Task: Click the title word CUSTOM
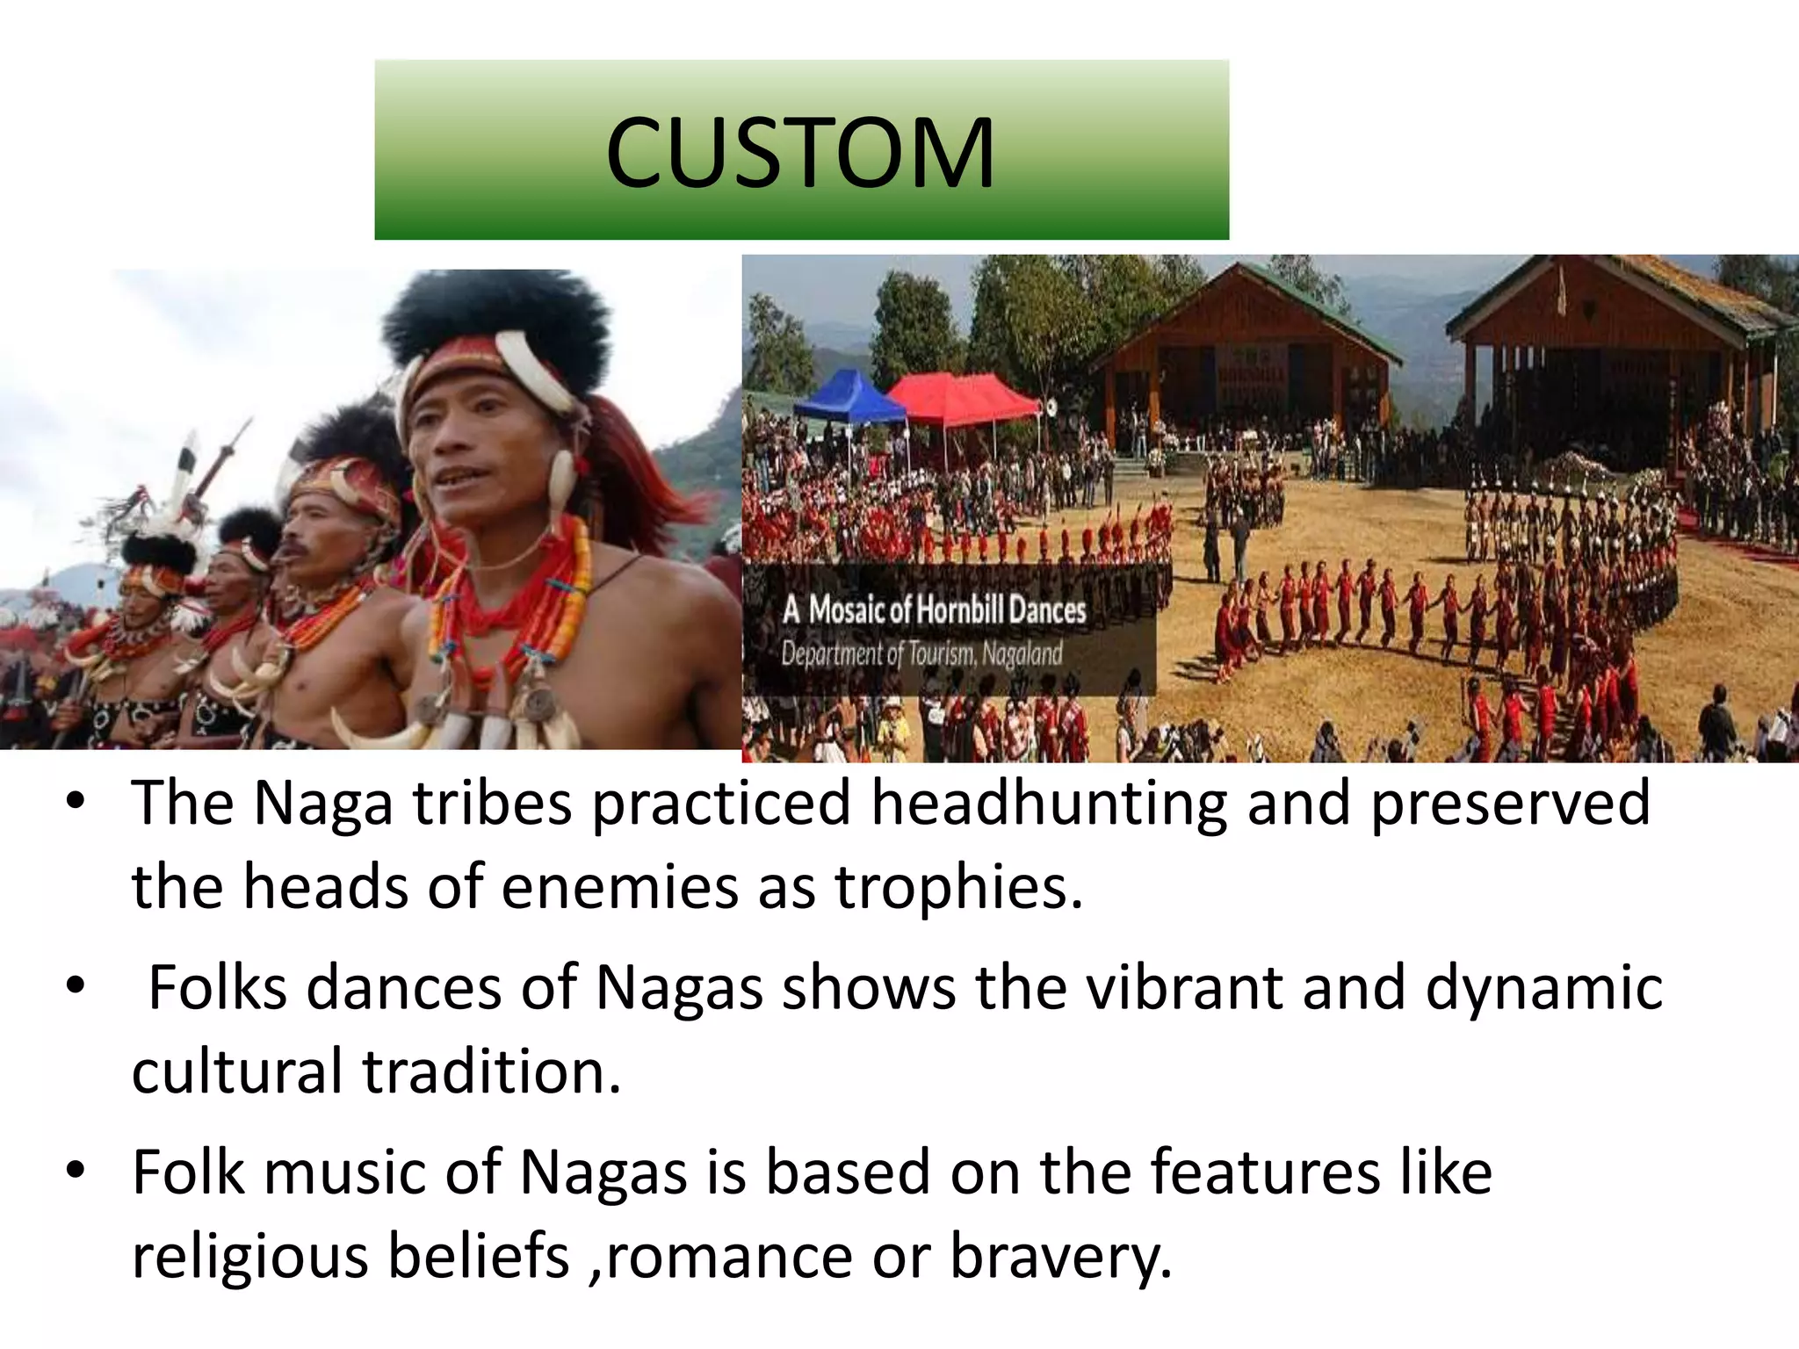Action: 799,154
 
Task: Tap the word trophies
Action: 957,887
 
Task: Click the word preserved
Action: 1510,804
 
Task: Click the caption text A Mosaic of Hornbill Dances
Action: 934,610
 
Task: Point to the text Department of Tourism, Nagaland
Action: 921,654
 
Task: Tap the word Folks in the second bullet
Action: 217,987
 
